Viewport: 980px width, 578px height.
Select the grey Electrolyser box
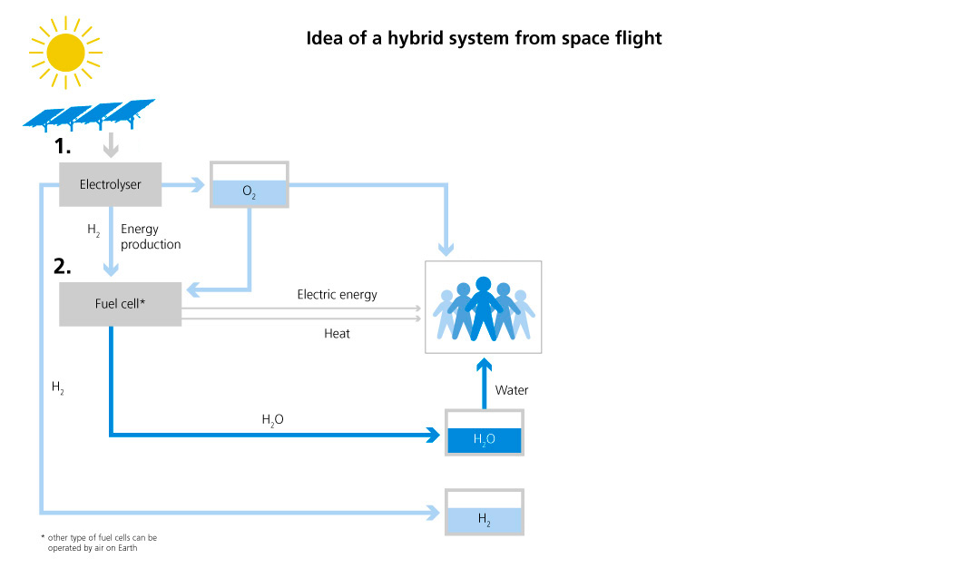[109, 185]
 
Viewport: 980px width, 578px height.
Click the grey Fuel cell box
[120, 303]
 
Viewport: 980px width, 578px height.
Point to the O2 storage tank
[249, 185]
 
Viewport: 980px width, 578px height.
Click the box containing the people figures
[484, 307]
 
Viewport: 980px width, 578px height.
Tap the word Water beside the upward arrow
[512, 390]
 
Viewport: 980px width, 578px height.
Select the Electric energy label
[337, 295]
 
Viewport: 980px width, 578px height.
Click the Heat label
[337, 334]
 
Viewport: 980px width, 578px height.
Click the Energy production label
[150, 237]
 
